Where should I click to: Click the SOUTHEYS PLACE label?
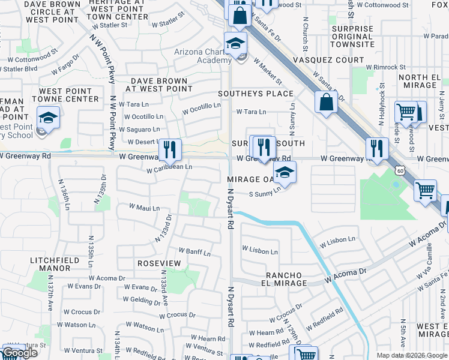[x=256, y=94]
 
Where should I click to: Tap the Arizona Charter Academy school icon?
[x=236, y=44]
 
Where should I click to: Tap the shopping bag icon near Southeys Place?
[x=325, y=102]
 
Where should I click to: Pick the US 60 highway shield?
[x=400, y=171]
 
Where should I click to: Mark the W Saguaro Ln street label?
[x=139, y=129]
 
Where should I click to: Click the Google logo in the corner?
[x=20, y=353]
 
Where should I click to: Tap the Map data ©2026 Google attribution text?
[x=411, y=355]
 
